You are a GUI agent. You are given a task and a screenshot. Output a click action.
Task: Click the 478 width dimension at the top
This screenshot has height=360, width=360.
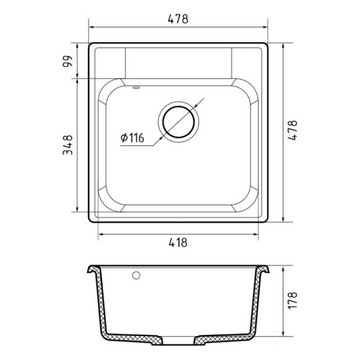pyautogui.click(x=178, y=19)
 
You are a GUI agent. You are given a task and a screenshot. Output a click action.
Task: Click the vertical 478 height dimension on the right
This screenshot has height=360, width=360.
pyautogui.click(x=292, y=130)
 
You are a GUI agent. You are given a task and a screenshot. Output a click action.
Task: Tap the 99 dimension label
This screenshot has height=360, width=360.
pyautogui.click(x=68, y=61)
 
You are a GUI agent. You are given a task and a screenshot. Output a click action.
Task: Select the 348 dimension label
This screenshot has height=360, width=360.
pyautogui.click(x=68, y=145)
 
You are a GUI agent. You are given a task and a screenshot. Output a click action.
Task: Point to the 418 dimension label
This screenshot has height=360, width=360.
pyautogui.click(x=178, y=242)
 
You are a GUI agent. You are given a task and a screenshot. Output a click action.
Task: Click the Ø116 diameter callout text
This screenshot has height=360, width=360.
pyautogui.click(x=132, y=137)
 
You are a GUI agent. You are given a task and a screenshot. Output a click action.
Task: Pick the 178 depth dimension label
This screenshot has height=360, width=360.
pyautogui.click(x=292, y=301)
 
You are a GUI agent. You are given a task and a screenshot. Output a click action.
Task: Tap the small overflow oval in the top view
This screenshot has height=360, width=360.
pyautogui.click(x=136, y=87)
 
